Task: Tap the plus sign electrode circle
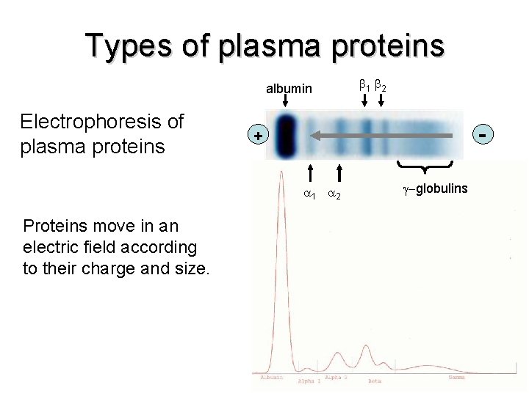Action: [x=257, y=136]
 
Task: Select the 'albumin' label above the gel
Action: [x=289, y=89]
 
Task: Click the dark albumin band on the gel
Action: [x=285, y=136]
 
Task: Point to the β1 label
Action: [x=363, y=86]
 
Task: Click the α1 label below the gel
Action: [x=310, y=194]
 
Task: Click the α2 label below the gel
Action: [x=334, y=194]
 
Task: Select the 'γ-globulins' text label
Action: [x=434, y=189]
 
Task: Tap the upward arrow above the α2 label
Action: [x=339, y=173]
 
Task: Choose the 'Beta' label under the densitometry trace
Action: [x=374, y=381]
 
